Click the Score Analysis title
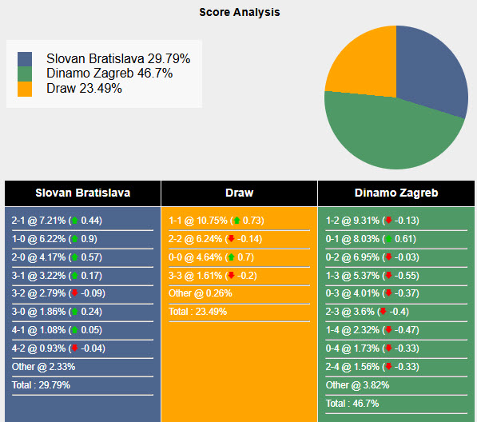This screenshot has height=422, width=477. [x=239, y=13]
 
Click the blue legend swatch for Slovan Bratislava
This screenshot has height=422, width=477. [x=26, y=59]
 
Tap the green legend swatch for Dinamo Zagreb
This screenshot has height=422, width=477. [x=26, y=74]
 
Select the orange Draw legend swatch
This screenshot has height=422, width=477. [x=26, y=89]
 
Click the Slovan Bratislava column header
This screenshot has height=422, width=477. [x=82, y=193]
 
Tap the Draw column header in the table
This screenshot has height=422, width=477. [x=239, y=193]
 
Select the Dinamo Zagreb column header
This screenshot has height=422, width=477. [x=396, y=193]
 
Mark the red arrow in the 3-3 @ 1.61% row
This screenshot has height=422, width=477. [x=231, y=275]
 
